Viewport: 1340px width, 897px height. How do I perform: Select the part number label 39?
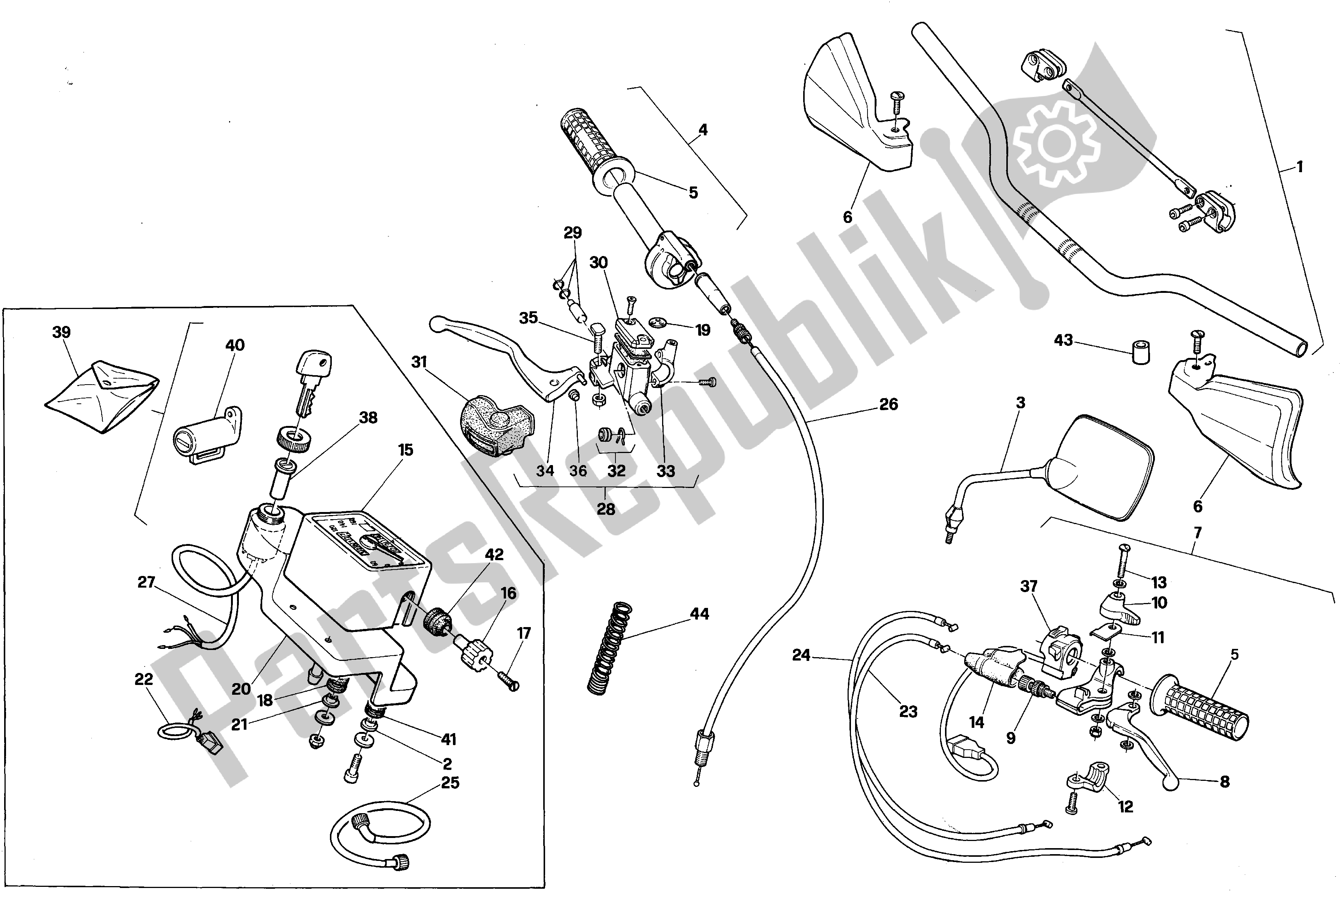pos(61,332)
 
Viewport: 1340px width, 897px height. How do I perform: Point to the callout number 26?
pos(888,405)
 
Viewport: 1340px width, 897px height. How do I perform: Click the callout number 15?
pos(405,450)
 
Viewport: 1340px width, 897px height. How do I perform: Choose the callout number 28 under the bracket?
pos(606,509)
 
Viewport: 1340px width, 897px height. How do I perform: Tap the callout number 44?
pos(699,614)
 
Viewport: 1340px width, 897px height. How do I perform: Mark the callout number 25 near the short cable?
pos(450,783)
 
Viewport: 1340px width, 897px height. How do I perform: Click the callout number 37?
pos(1029,586)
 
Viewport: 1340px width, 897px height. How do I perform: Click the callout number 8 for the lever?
pos(1225,782)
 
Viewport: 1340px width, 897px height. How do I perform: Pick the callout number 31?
pos(419,362)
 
